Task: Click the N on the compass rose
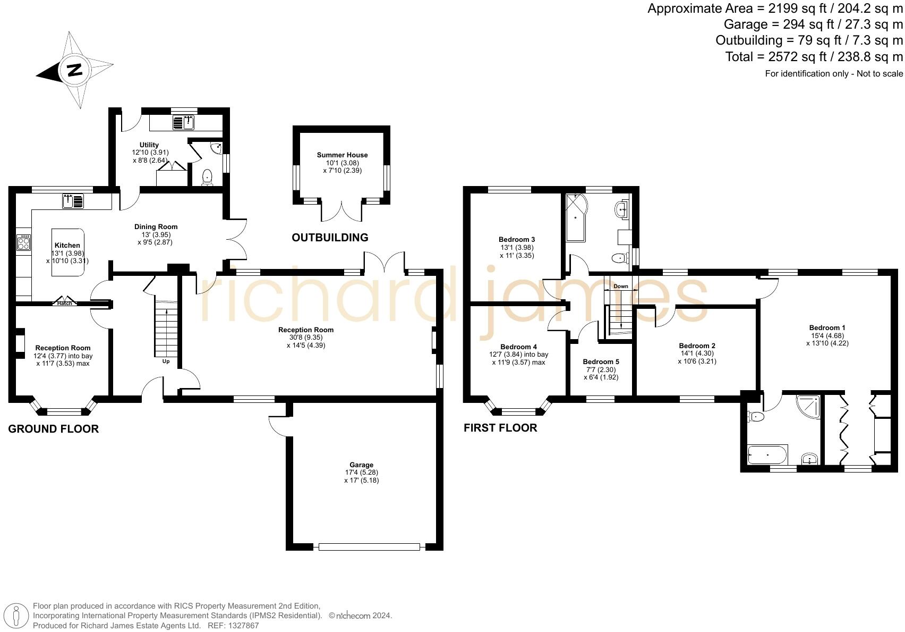click(x=75, y=70)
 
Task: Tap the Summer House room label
click(x=342, y=155)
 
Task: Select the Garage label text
click(x=361, y=465)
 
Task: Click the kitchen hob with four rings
click(x=24, y=243)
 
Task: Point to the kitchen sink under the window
click(x=73, y=201)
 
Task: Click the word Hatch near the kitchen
click(x=65, y=304)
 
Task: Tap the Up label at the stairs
click(x=166, y=362)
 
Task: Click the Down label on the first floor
click(x=620, y=286)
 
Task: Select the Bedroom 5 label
click(x=601, y=362)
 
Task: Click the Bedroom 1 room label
click(x=827, y=328)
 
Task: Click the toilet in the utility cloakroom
click(x=207, y=177)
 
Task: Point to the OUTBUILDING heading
click(x=330, y=238)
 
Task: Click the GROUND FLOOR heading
click(x=53, y=429)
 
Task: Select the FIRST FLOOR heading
click(x=500, y=428)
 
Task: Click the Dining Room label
click(x=156, y=227)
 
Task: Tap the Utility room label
click(x=149, y=145)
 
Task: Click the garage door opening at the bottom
click(x=369, y=546)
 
